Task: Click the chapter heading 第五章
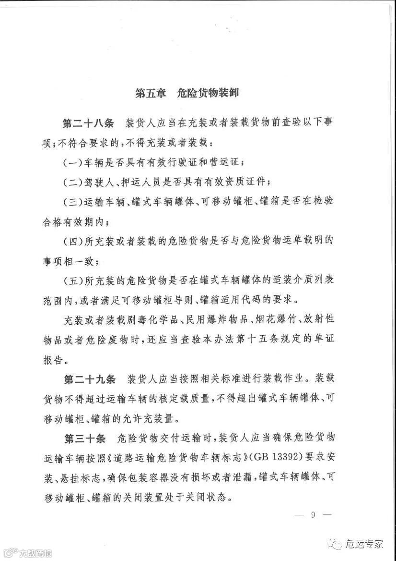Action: [151, 93]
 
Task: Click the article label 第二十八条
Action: [88, 123]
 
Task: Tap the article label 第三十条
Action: [84, 438]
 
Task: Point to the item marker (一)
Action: [71, 162]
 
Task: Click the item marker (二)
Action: [71, 183]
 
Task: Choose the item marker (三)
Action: [71, 202]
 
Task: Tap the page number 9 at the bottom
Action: [313, 515]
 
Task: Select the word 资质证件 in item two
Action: [248, 183]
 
